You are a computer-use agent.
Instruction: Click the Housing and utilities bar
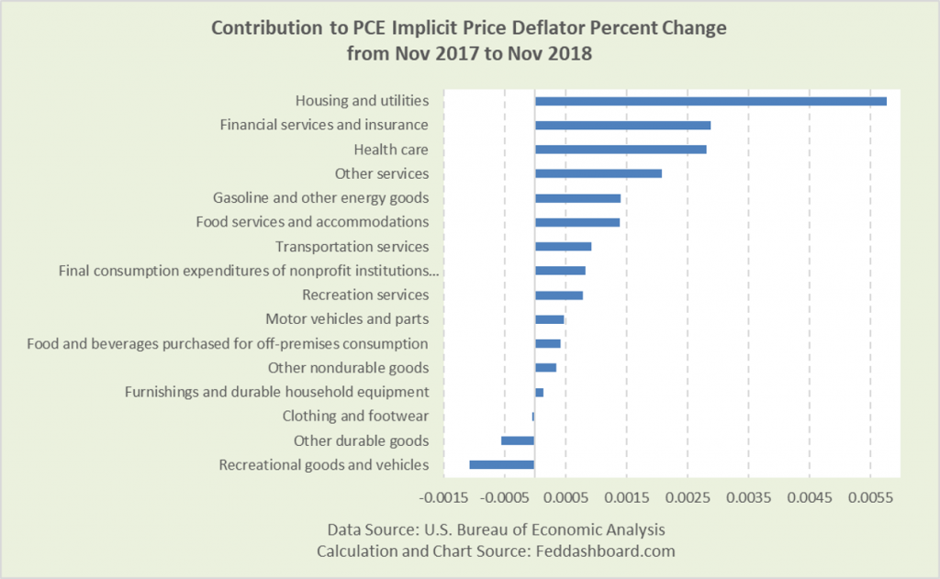click(x=711, y=101)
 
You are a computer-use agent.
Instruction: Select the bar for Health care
click(x=621, y=150)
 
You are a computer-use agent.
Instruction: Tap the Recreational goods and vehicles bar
click(x=502, y=464)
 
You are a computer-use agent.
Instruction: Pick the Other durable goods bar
click(x=518, y=440)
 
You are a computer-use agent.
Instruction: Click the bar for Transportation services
click(x=564, y=246)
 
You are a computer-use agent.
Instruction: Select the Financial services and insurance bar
click(x=622, y=125)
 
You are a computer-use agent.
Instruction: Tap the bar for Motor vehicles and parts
click(x=550, y=319)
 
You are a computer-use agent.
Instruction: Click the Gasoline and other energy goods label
click(x=320, y=197)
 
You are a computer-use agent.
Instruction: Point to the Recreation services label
click(x=365, y=295)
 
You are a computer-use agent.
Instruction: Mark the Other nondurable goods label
click(x=348, y=368)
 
